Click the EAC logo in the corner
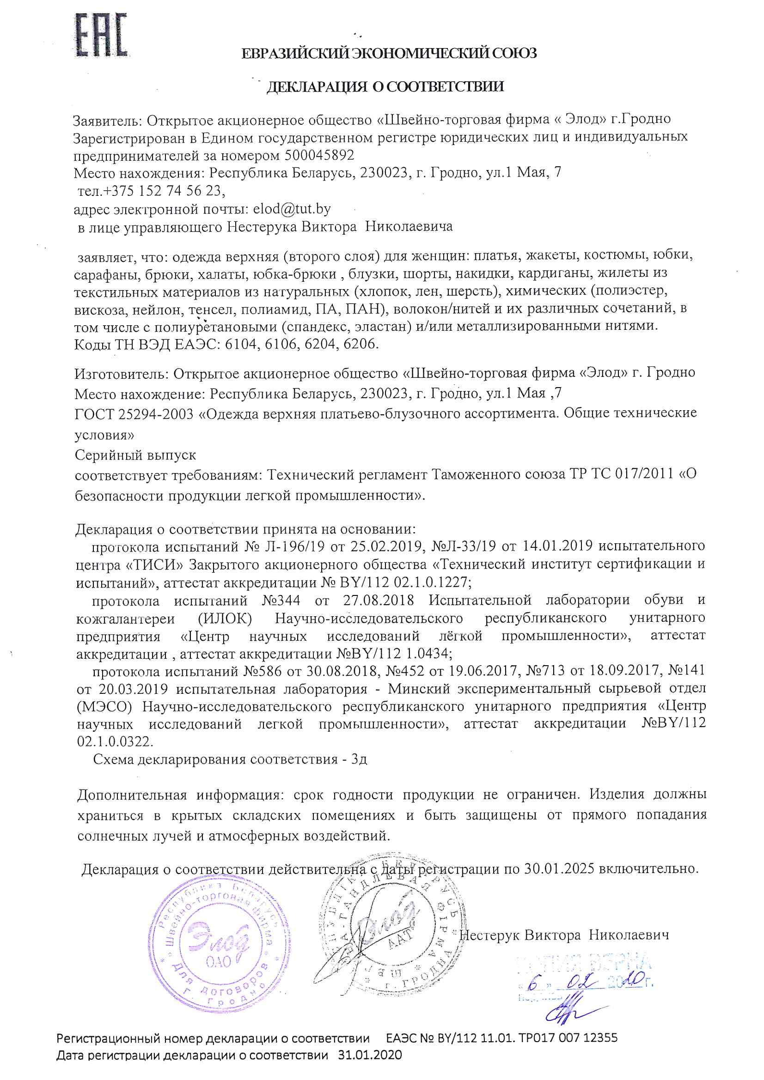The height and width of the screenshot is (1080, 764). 101,35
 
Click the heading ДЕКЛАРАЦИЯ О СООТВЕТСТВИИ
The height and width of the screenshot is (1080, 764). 385,86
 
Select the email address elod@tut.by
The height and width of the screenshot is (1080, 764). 292,209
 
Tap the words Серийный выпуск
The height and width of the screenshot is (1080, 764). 135,455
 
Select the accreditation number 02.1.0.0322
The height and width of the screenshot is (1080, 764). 115,741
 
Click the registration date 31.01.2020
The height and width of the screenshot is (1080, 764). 370,1068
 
